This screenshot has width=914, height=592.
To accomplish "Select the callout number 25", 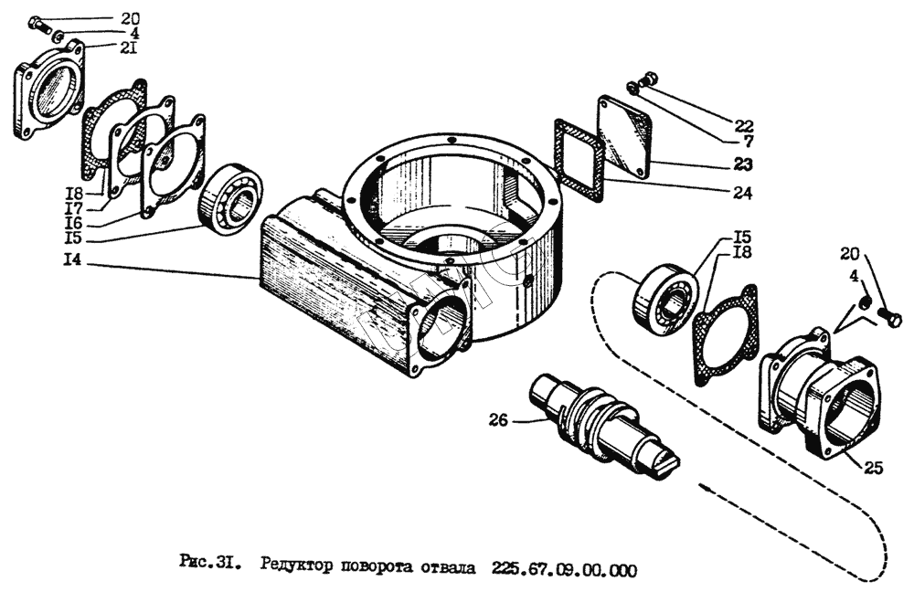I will pos(872,469).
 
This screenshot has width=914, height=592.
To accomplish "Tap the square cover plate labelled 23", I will pos(624,135).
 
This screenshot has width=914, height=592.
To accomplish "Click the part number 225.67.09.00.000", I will pos(563,567).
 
